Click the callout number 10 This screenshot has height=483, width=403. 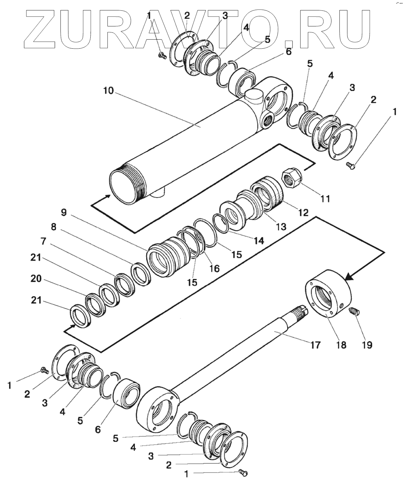(x=108, y=91)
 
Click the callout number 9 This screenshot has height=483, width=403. (x=63, y=212)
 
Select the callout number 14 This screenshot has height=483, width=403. (x=259, y=240)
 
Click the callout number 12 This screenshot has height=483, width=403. (x=303, y=212)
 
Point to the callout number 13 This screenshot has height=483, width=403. (x=281, y=226)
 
